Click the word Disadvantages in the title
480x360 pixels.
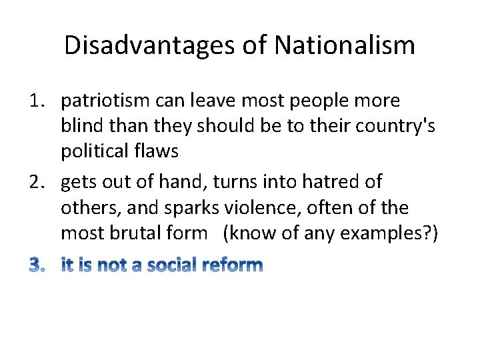(x=145, y=45)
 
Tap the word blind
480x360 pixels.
(x=80, y=127)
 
